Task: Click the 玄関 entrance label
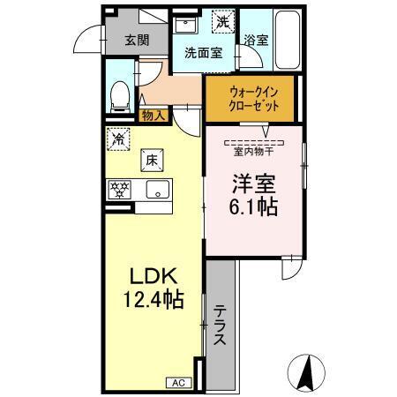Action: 137,40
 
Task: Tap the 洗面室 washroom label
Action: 202,52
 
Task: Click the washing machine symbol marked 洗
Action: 225,19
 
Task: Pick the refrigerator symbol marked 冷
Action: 118,138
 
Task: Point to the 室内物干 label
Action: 252,150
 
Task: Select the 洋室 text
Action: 253,184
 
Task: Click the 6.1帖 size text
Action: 253,209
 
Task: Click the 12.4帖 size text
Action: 154,300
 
